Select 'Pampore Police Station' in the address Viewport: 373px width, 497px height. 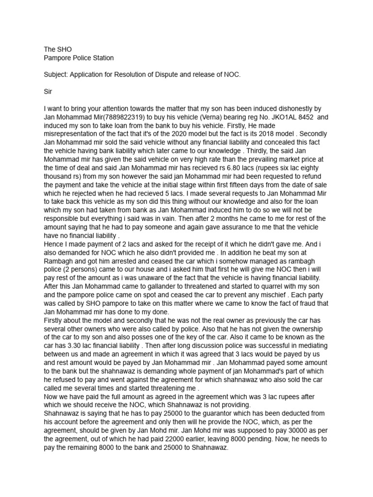point(79,58)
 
